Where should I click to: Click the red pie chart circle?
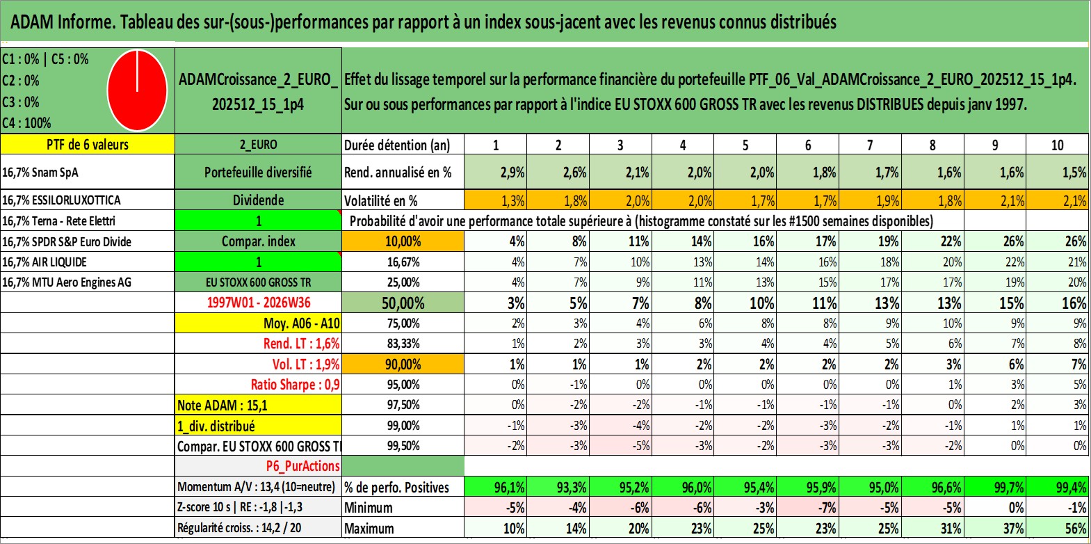coord(138,90)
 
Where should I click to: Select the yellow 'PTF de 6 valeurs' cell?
coord(88,145)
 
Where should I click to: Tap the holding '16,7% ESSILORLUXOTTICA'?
coord(61,200)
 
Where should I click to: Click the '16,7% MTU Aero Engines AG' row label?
coord(67,282)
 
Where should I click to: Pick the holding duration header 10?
coord(1057,145)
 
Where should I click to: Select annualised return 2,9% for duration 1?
coord(512,172)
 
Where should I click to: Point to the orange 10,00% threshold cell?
coord(403,241)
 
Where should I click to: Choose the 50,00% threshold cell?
coord(403,303)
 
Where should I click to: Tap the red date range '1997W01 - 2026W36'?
coord(259,303)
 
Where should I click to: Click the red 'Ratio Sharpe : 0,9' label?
coord(295,385)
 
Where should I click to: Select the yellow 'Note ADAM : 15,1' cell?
coord(258,405)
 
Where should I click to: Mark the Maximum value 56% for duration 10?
coord(1074,529)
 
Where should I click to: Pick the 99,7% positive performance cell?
coord(995,487)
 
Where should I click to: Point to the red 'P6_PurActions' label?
coord(303,466)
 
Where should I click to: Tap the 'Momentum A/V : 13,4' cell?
coord(256,487)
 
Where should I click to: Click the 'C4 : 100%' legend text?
coord(27,123)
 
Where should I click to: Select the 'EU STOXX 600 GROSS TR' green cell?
coord(258,282)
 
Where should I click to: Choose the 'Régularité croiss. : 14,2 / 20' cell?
coord(239,528)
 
